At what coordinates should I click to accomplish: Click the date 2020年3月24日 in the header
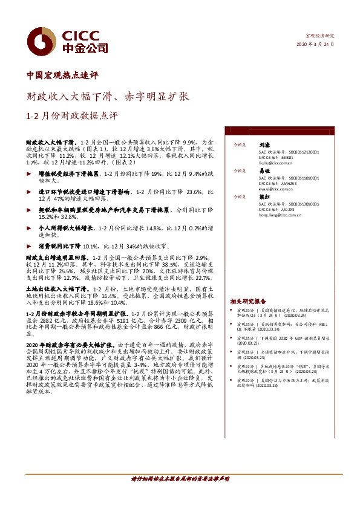click(x=315, y=45)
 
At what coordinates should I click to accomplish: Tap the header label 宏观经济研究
click(x=319, y=36)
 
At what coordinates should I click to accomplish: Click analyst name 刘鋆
click(x=263, y=145)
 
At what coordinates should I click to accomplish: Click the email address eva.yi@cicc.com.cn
click(x=269, y=188)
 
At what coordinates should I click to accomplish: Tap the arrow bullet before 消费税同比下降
click(x=31, y=247)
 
